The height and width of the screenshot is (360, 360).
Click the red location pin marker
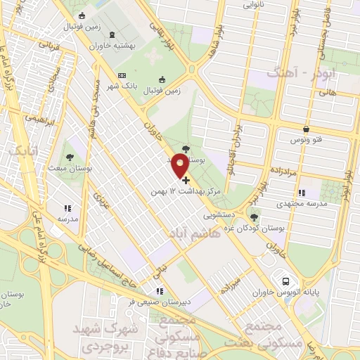pyautogui.click(x=181, y=165)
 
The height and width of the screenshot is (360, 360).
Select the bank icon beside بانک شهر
pyautogui.click(x=122, y=75)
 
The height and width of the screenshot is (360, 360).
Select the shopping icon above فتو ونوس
pyautogui.click(x=307, y=129)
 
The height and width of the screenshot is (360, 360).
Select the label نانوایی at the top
pyautogui.click(x=254, y=4)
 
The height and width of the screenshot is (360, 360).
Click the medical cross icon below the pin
pyautogui.click(x=185, y=181)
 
